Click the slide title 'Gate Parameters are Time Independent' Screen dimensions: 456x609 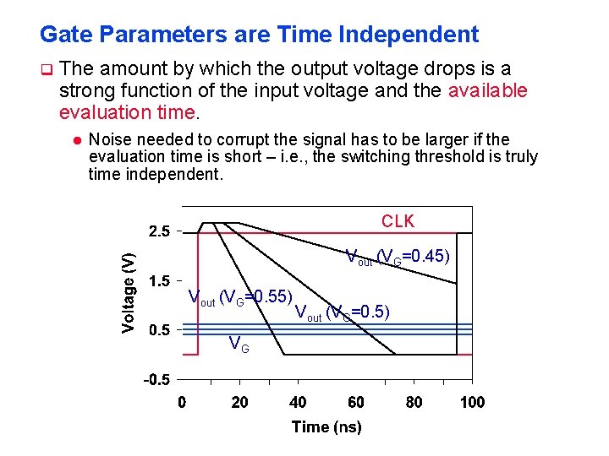click(x=259, y=35)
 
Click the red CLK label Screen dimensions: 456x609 click(x=398, y=221)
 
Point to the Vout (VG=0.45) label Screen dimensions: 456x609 click(x=398, y=257)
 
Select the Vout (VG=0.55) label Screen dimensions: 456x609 click(x=240, y=297)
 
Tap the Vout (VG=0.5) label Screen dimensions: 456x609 click(x=343, y=312)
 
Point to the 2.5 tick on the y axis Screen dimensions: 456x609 click(x=159, y=231)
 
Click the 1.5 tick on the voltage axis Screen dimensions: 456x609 click(x=159, y=281)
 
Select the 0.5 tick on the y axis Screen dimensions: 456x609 click(x=159, y=330)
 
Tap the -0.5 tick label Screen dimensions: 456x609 click(x=156, y=380)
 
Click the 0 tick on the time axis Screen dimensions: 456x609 click(x=182, y=402)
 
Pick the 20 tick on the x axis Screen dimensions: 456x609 click(x=240, y=402)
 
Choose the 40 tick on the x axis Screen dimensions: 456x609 click(x=298, y=402)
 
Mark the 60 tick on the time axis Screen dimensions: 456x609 click(x=356, y=402)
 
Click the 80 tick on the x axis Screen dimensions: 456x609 click(x=414, y=402)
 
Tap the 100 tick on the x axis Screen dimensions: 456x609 click(x=472, y=402)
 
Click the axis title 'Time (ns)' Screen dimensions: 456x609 click(x=326, y=427)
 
